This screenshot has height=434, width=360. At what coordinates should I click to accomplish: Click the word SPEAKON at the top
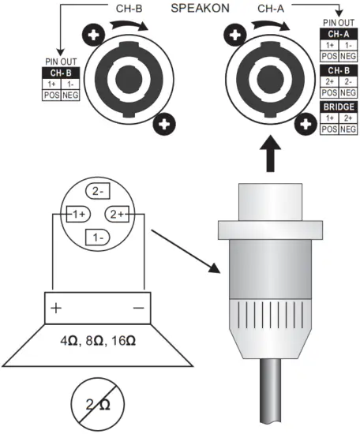point(200,9)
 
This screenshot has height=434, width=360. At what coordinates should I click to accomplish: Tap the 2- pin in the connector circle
point(98,191)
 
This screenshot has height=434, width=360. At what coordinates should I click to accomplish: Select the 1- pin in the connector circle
point(98,238)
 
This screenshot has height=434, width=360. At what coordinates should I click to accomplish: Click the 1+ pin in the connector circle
point(78,214)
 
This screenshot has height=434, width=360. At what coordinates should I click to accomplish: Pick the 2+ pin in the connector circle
point(117,214)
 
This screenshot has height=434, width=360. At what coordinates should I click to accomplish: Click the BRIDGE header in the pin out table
point(339,107)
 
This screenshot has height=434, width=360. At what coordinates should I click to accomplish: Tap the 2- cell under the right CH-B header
point(347,81)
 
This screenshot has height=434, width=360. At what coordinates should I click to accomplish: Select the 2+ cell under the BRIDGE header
point(347,118)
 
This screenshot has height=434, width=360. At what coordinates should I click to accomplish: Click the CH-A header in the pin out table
point(339,34)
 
